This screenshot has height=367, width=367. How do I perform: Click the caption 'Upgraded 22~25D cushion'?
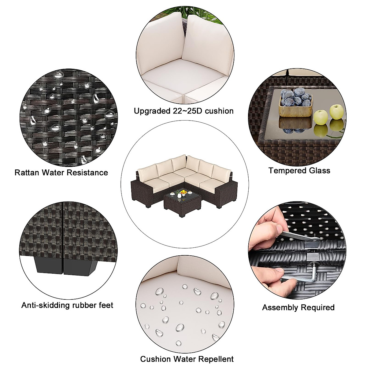(183, 111)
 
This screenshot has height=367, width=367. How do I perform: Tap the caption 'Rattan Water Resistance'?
(61, 172)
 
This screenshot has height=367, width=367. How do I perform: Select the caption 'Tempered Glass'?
(299, 170)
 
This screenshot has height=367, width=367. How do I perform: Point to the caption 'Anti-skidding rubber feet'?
(67, 305)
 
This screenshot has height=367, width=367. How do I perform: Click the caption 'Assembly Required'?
(298, 307)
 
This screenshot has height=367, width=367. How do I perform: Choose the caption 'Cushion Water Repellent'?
(187, 359)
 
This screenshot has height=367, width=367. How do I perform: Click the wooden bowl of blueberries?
(295, 102)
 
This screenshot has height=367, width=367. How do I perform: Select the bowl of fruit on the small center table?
(183, 192)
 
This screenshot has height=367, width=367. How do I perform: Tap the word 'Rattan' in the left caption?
(27, 172)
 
